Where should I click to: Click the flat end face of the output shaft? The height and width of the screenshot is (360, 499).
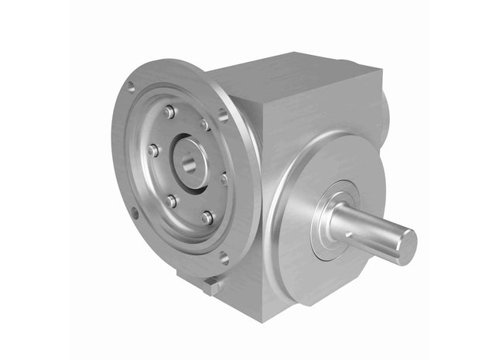point(404,245)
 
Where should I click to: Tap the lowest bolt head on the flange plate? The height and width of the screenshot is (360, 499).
point(207,218)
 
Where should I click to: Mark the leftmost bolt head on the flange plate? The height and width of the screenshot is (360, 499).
point(152,150)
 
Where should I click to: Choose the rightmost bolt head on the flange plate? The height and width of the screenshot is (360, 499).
point(224,180)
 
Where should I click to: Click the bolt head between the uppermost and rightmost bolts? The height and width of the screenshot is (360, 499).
point(205,125)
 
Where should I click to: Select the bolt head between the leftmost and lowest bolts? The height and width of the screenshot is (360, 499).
point(170,201)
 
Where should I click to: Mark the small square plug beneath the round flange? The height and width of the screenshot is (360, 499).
point(211,286)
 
